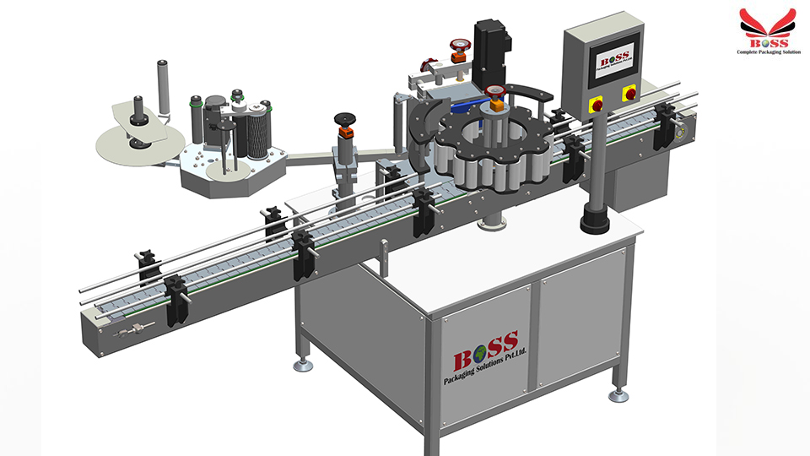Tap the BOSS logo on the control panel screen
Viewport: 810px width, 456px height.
point(612,62)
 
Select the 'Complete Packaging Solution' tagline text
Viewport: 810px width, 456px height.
point(767,52)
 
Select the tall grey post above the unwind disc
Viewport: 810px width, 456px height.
point(161,81)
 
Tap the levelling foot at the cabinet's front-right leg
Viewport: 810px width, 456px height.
point(618,394)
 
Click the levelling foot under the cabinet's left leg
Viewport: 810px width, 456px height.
point(301,364)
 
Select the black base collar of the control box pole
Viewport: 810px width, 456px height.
point(596,223)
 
